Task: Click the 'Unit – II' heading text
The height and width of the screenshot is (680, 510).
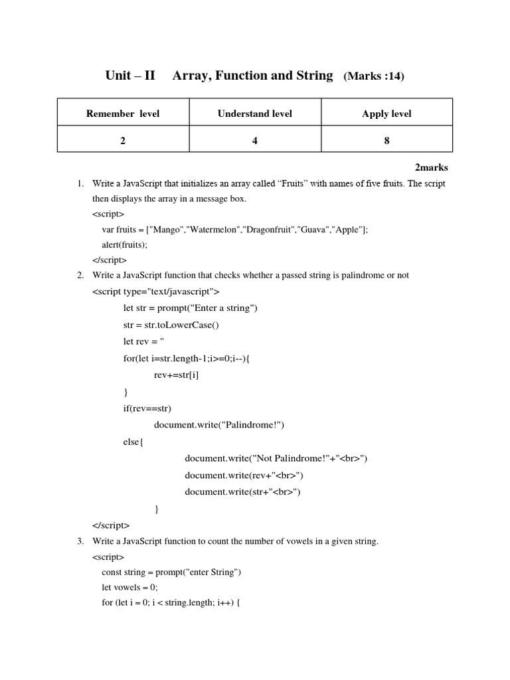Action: click(130, 76)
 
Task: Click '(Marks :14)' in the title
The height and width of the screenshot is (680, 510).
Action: click(373, 76)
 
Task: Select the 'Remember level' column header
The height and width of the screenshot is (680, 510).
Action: click(123, 114)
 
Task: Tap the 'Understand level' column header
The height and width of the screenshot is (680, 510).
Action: click(255, 114)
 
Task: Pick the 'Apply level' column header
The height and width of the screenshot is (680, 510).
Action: click(386, 114)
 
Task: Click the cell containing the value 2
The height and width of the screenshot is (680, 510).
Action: click(123, 140)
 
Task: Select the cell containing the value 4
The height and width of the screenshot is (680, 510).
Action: click(255, 140)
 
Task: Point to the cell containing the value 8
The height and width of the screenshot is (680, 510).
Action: click(386, 140)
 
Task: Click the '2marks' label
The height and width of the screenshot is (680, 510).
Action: click(432, 168)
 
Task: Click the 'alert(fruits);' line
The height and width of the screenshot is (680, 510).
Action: click(124, 244)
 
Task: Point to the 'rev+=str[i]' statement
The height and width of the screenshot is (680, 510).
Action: click(176, 375)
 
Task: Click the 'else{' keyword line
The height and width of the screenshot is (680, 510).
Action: click(133, 442)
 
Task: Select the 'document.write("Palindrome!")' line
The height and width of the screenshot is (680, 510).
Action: click(222, 425)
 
